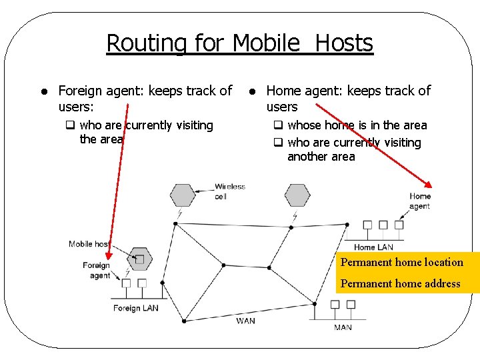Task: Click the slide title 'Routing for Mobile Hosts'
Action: pos(239,43)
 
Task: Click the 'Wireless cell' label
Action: pos(229,191)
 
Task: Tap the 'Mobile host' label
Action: pos(89,244)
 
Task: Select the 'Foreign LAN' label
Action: pos(135,308)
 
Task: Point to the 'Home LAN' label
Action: pos(373,247)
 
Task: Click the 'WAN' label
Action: pos(245,321)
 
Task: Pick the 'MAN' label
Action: pos(343,327)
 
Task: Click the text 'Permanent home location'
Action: pos(401,262)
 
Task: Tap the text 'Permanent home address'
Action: pos(400,283)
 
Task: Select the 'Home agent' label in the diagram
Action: pos(419,201)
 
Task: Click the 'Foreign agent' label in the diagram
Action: pos(97,270)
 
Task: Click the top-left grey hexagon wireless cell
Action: pos(182,195)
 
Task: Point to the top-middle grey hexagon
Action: pos(297,195)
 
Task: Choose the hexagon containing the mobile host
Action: pos(139,259)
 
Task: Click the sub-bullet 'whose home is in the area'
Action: pos(357,125)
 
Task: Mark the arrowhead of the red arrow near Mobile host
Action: pos(109,254)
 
